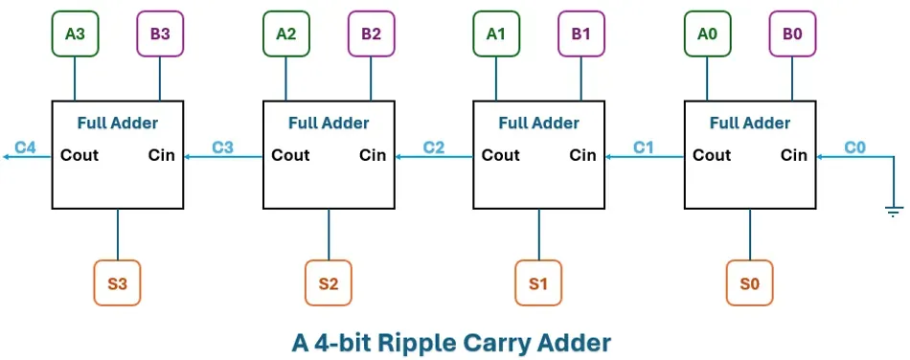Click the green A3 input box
(75, 34)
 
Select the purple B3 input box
(160, 34)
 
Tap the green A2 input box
(285, 34)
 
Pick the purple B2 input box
(371, 34)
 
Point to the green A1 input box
(496, 34)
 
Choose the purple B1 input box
(581, 34)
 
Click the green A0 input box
(707, 34)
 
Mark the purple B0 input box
(792, 34)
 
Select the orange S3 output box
(117, 283)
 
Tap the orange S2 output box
(329, 283)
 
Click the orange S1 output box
(538, 283)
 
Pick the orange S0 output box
(749, 283)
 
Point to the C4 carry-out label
(25, 147)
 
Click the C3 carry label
(222, 147)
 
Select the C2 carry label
(433, 147)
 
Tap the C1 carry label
(644, 147)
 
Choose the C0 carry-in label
(854, 147)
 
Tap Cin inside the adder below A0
(794, 155)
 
